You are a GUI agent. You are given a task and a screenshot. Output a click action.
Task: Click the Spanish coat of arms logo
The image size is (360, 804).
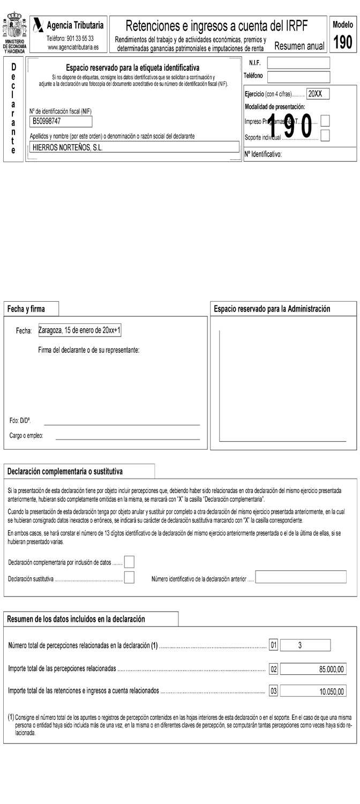coord(14,26)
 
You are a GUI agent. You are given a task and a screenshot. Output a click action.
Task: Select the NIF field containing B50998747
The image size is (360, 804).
coord(62,121)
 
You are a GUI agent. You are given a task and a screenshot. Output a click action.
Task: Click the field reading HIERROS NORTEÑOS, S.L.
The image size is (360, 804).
coord(134,147)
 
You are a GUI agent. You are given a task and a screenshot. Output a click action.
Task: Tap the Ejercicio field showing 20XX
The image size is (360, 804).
coord(318,94)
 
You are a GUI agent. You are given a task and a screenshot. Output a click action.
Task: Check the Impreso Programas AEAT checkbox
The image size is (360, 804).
coord(325,121)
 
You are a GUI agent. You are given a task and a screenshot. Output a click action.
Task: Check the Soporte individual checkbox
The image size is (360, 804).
coord(325,136)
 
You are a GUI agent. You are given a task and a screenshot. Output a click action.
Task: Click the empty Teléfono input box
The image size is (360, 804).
coord(298,77)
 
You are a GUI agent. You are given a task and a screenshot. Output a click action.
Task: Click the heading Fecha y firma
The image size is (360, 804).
coord(26,309)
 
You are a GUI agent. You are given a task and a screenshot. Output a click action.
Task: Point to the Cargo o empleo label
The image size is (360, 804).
coord(26,436)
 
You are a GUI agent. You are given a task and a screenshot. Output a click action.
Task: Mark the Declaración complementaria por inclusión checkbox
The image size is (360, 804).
coord(129,562)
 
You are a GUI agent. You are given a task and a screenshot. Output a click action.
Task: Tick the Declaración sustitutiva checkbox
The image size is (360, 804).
coord(129,578)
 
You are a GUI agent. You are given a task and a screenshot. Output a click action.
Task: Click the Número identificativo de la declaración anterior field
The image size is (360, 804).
coord(301,577)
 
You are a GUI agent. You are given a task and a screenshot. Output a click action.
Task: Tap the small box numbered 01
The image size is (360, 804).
coord(273,646)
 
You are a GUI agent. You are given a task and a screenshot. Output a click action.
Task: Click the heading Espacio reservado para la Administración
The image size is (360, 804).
coord(272,309)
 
